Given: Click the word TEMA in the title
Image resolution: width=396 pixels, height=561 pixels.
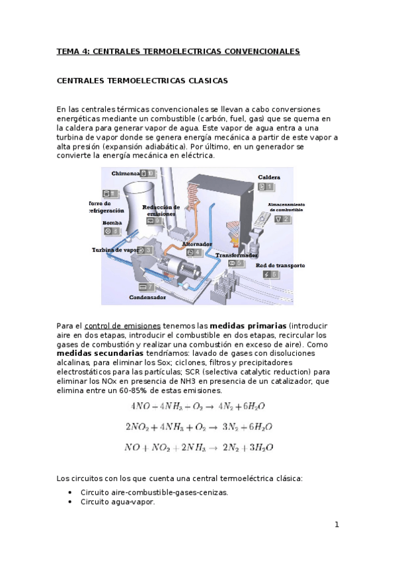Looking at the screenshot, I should tap(67, 51).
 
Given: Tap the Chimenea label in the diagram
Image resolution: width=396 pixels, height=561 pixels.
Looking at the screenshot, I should tap(126, 173).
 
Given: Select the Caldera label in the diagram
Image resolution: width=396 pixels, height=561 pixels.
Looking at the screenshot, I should tap(269, 177).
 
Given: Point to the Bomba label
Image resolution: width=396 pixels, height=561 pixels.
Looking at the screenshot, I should tap(112, 223).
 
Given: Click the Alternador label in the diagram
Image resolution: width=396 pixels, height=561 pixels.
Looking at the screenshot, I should tap(197, 243).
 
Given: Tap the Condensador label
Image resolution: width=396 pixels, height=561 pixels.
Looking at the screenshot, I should tap(147, 298).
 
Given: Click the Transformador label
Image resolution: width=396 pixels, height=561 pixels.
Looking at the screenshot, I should tap(236, 255).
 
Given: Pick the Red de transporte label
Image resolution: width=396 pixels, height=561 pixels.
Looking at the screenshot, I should tap(280, 265).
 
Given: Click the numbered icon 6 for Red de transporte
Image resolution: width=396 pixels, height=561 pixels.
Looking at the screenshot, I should tap(270, 275).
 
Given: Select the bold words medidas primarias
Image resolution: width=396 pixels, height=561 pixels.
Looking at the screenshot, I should tap(249, 326).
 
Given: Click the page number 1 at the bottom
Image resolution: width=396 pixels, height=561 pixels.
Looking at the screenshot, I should tap(337, 525).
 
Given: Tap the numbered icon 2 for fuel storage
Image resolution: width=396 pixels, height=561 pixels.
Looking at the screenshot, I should tap(282, 219).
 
